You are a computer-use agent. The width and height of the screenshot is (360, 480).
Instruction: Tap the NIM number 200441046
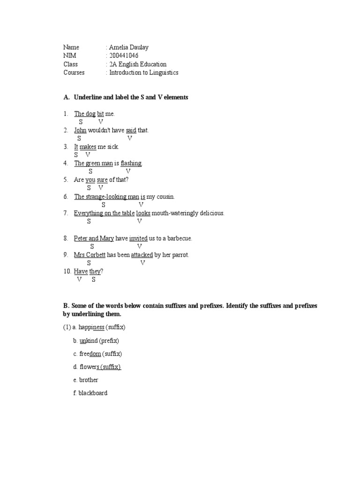[124, 56]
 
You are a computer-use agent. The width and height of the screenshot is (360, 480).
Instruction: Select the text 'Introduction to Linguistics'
[143, 73]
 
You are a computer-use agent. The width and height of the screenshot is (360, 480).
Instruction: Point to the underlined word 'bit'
[100, 114]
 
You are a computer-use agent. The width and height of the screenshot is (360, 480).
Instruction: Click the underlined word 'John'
[80, 130]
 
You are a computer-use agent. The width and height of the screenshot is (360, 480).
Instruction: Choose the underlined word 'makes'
[88, 147]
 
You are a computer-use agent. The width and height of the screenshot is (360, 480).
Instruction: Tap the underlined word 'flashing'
[131, 163]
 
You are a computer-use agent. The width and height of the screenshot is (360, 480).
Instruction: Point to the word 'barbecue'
[179, 239]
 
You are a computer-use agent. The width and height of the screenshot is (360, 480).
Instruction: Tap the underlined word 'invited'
[138, 239]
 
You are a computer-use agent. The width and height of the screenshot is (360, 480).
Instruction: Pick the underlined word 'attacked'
[142, 255]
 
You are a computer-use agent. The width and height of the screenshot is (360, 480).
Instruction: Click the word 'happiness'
[92, 327]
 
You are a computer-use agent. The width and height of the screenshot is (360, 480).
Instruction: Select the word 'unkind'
[89, 341]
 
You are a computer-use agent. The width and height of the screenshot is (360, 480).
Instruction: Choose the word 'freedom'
[90, 354]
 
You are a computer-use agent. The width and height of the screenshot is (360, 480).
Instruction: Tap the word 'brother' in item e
[89, 380]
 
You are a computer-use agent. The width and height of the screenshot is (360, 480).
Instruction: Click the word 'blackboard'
[93, 393]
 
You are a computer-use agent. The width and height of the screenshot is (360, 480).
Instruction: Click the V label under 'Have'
[79, 280]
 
